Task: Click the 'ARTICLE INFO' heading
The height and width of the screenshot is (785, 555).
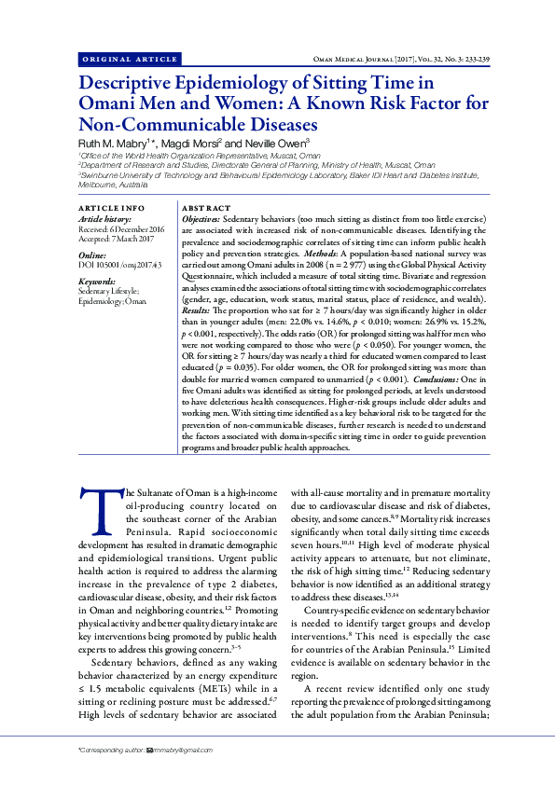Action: click(111, 207)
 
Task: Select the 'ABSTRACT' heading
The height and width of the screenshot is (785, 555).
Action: click(206, 207)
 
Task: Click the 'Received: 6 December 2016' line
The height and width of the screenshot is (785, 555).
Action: click(121, 228)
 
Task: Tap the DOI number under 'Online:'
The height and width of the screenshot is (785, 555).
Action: click(119, 266)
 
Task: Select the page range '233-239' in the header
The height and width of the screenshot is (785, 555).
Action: click(490, 59)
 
